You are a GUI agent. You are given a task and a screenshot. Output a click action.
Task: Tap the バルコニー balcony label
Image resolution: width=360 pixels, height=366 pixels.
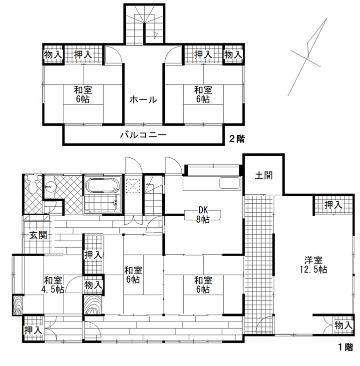pos(142,135)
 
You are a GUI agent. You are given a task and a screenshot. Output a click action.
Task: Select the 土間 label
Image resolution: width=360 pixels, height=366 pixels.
pos(263,176)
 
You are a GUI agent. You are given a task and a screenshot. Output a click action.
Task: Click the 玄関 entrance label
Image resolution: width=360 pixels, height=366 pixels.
pos(37,235)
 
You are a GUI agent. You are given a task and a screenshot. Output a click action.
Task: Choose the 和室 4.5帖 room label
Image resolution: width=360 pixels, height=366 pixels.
pos(52,285)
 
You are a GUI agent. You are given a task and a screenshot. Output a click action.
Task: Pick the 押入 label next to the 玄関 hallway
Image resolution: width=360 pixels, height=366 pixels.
pos(93,255)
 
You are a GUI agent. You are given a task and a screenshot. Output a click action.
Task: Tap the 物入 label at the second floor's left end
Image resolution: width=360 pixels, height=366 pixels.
pos(52,54)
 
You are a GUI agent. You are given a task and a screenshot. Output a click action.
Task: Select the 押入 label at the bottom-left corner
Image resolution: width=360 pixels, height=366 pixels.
pos(32,330)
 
